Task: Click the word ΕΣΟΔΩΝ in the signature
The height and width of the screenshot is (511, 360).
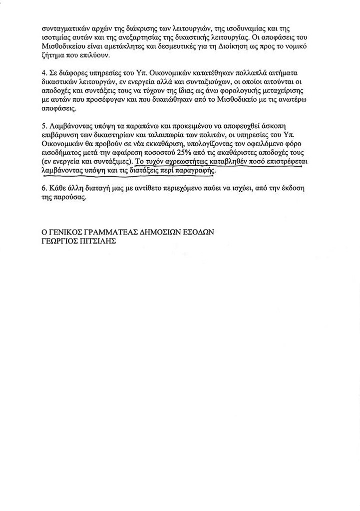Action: coord(199,233)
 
